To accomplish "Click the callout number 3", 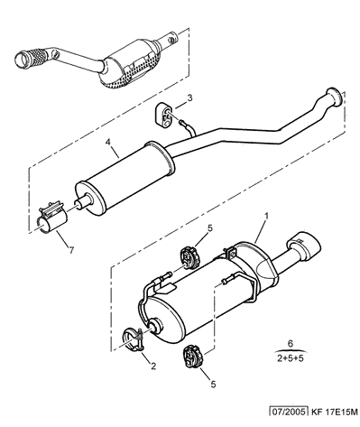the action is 189,97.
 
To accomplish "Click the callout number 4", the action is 108,142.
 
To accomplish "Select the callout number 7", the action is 71,250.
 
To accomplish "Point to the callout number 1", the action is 266,216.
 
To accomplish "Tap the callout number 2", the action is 153,367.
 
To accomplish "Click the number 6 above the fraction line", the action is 291,344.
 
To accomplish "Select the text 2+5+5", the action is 291,358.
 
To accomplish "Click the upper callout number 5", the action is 209,227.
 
